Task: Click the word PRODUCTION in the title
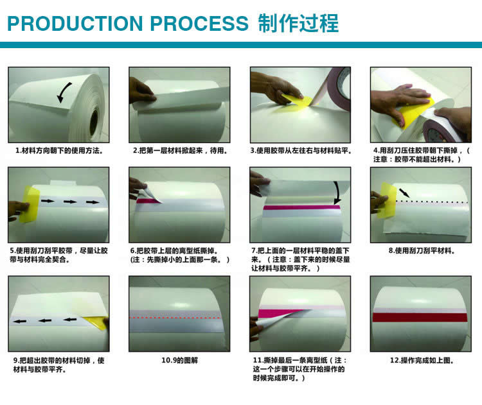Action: click(x=75, y=23)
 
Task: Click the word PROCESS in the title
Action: click(x=199, y=23)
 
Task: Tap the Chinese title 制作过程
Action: click(x=298, y=23)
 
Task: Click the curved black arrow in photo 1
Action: click(x=64, y=92)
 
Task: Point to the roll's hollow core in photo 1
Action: click(x=93, y=121)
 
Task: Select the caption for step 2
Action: click(x=180, y=150)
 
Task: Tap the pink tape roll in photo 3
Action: click(x=337, y=87)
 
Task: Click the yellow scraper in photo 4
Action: click(x=413, y=114)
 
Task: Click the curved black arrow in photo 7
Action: click(x=337, y=193)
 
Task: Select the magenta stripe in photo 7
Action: click(x=301, y=207)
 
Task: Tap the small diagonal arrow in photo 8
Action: click(x=404, y=193)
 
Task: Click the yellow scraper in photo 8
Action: click(x=387, y=200)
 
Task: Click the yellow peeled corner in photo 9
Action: click(x=96, y=322)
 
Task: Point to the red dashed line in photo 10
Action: click(x=175, y=318)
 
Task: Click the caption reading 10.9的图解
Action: click(x=180, y=360)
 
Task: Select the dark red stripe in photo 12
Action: click(x=420, y=317)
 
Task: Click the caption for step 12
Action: click(x=422, y=360)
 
